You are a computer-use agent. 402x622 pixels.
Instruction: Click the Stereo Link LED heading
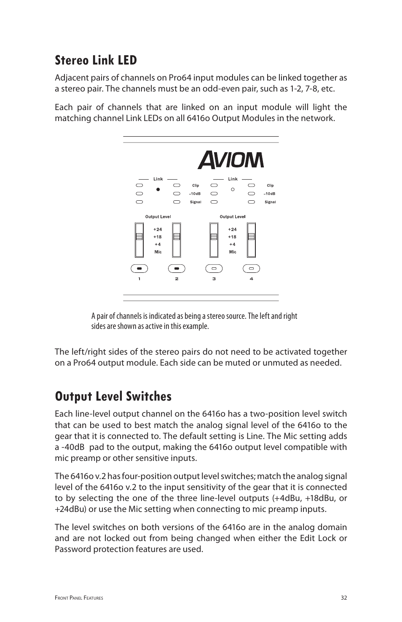96,60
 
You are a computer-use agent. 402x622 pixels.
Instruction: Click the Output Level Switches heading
113,396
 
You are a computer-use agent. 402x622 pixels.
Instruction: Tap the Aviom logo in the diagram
230,160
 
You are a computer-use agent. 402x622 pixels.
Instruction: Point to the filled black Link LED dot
158,189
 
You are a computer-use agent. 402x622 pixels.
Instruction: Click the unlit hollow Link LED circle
233,189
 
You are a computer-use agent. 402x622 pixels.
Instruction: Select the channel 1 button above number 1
139,268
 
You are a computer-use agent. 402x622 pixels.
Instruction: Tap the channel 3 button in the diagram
214,268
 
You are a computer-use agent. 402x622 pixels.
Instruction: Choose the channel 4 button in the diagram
252,268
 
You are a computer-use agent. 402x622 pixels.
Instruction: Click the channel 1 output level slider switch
139,240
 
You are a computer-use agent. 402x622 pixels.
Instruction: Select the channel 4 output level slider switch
252,240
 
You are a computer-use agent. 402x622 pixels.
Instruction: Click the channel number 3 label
214,279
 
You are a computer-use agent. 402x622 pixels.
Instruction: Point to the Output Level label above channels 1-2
158,217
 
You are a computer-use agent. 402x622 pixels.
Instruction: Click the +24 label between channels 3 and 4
232,229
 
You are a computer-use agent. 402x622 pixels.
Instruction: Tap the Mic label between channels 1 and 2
158,252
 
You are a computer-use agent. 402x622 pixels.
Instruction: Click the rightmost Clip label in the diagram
270,186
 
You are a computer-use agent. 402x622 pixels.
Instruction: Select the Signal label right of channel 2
196,202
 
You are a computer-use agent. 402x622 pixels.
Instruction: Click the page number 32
344,598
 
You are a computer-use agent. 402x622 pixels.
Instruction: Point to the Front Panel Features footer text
79,598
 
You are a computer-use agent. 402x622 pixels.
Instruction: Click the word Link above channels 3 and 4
233,179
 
